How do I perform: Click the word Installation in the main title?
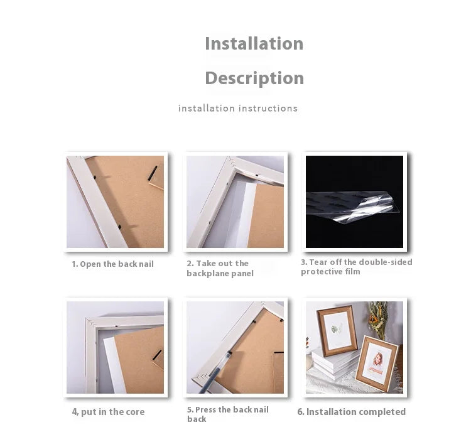(254, 43)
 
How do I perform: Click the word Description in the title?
(254, 78)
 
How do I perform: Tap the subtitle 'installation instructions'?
(238, 108)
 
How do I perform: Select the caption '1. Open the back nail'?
(112, 264)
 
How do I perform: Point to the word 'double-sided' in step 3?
(386, 262)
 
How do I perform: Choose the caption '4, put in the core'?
(108, 412)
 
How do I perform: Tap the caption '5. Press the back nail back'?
(228, 414)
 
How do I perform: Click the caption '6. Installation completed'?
(352, 412)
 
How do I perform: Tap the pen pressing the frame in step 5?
(215, 372)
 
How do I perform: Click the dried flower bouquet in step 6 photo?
(379, 319)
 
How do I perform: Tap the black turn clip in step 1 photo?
(153, 173)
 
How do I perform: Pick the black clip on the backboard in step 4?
(157, 355)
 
